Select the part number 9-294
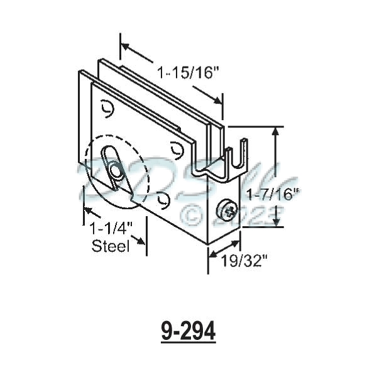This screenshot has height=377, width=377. point(188,332)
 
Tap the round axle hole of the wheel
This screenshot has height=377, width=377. point(116,171)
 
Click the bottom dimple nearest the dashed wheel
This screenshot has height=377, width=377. point(165,200)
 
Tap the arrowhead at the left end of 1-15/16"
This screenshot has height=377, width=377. point(125,46)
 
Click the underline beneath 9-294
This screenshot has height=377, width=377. point(188,343)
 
